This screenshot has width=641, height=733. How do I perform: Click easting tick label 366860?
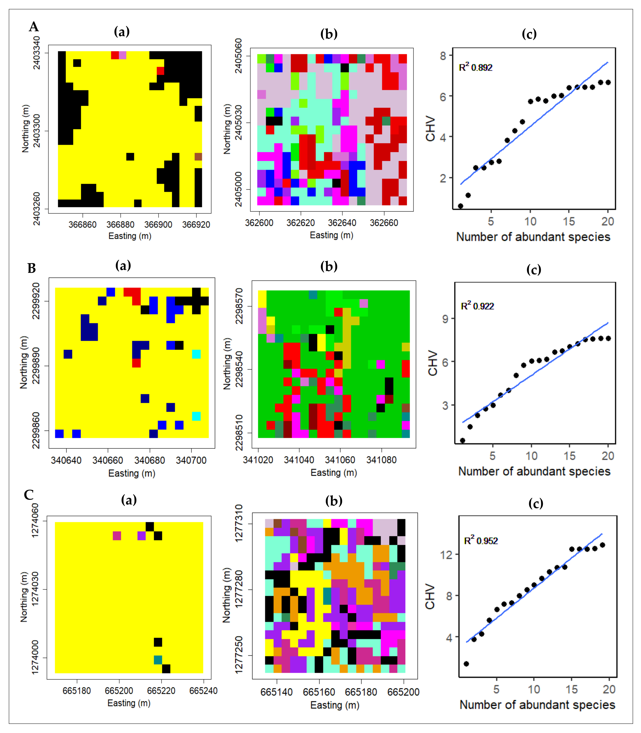(83, 224)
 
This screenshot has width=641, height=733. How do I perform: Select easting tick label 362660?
(384, 223)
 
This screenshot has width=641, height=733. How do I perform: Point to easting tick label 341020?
(258, 460)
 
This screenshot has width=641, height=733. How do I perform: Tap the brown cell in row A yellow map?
(198, 157)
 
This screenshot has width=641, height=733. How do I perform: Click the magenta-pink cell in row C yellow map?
(117, 536)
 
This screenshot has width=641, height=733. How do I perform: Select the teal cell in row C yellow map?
(158, 660)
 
